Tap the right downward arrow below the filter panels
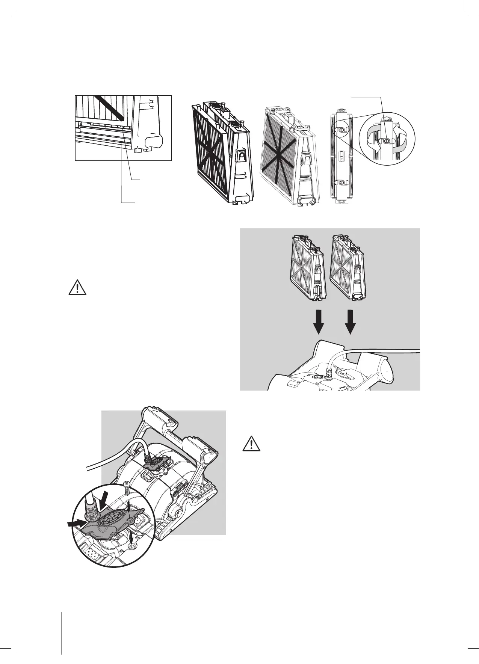(x=350, y=322)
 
